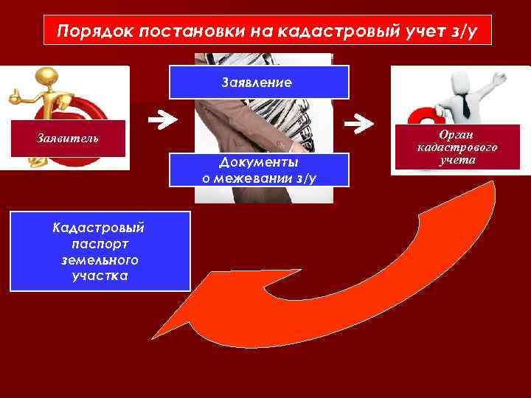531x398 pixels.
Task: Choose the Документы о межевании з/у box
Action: pos(259,170)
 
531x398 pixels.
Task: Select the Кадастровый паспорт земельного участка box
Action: pos(100,251)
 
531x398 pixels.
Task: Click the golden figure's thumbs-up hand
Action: pos(15,95)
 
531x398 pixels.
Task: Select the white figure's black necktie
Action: pos(466,106)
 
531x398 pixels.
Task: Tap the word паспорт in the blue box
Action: pos(100,243)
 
